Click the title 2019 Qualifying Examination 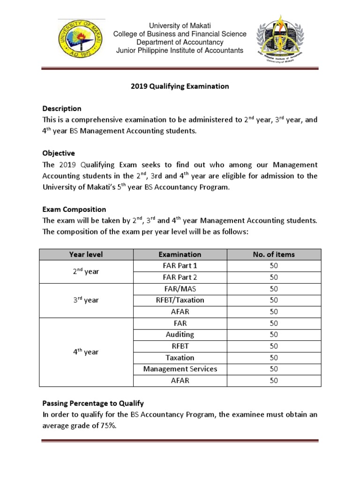[x=180, y=86]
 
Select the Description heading [x=62, y=108]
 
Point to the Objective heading [x=59, y=153]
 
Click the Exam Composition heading [x=74, y=210]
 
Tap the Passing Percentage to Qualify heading [x=93, y=403]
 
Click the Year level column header [x=86, y=255]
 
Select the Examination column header [x=180, y=255]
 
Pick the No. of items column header [x=274, y=255]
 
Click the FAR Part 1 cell [x=180, y=266]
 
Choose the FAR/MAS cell [x=180, y=289]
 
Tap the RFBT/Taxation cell [x=180, y=300]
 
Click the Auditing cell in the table [x=180, y=335]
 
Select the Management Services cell [x=180, y=369]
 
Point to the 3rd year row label [x=86, y=300]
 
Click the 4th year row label [x=86, y=352]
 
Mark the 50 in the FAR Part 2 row [x=274, y=277]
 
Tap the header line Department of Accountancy [x=180, y=42]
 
